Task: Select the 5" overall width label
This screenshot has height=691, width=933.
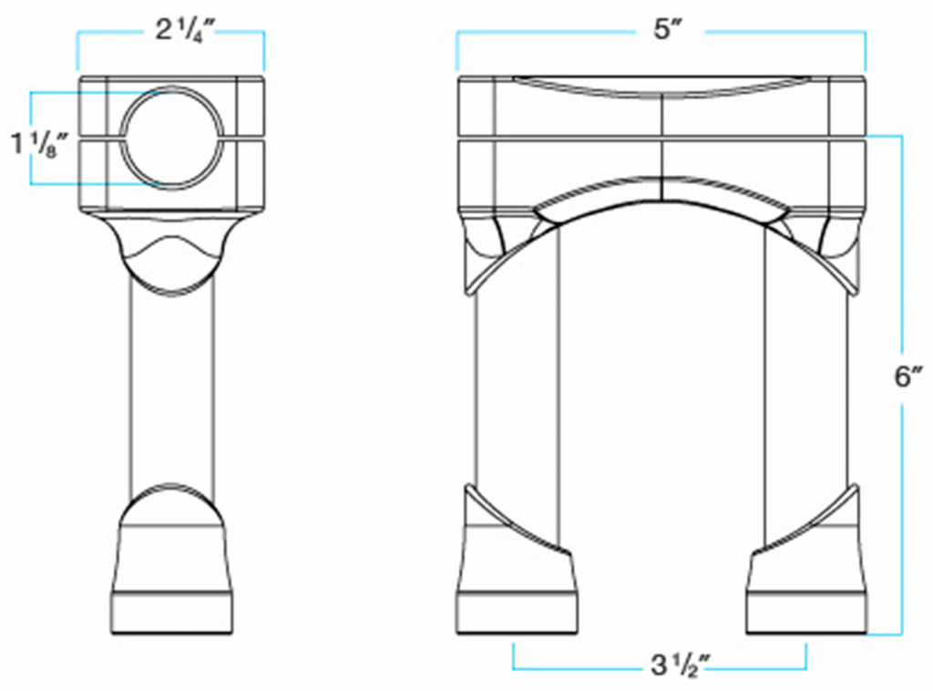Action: coord(666,28)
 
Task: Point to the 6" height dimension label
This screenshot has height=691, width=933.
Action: coord(909,376)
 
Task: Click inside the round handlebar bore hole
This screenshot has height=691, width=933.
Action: coord(172,138)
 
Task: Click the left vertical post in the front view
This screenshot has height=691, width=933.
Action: coord(517,387)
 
